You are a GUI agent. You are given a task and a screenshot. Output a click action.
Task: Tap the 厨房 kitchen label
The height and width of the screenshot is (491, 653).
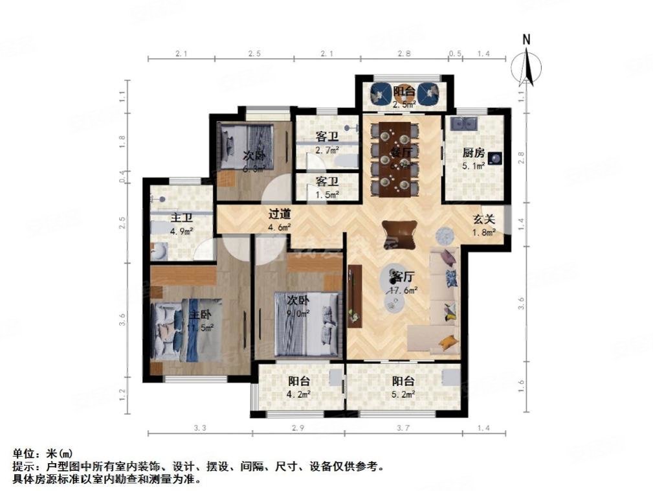472,154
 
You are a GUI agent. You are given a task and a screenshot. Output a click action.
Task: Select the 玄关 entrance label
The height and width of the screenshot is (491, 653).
482,219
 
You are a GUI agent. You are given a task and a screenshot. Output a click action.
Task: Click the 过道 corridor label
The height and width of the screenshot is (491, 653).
280,214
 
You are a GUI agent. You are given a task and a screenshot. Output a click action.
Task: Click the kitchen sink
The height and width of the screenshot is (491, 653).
465,122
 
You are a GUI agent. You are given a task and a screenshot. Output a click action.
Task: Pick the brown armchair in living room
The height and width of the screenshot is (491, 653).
397,233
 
